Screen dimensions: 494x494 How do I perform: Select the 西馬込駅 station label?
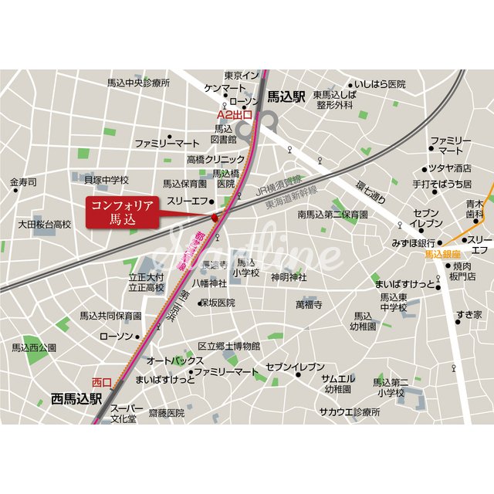tap(76, 399)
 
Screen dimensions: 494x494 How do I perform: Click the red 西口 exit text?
tap(101, 382)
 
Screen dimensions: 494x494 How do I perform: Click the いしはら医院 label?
tap(381, 83)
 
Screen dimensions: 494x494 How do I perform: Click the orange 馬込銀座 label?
tap(442, 254)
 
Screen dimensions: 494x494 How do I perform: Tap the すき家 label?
tap(468, 314)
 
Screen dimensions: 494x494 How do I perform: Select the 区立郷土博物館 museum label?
tap(229, 347)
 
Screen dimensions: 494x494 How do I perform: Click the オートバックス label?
tap(175, 360)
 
